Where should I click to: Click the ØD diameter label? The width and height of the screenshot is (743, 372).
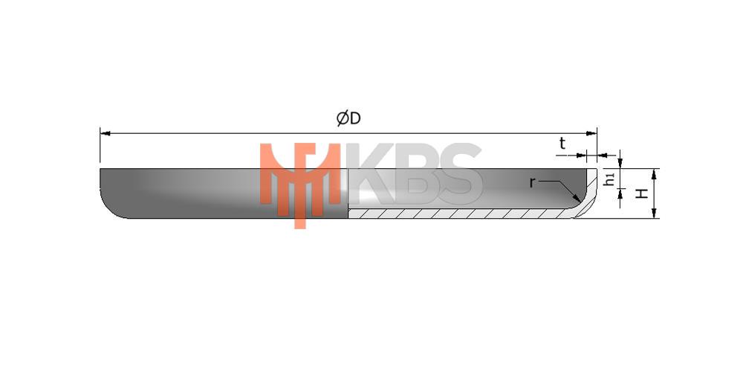pos(348,118)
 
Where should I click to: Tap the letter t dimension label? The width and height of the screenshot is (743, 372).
pos(562,144)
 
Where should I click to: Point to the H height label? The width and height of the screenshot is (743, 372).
pos(642,193)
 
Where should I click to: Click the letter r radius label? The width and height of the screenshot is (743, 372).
pos(532,183)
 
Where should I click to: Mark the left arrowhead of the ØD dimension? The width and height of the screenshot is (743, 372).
pos(106,133)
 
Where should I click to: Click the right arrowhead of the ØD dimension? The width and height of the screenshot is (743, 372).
pos(591,133)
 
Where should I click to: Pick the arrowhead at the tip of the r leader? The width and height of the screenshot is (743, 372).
pos(577,198)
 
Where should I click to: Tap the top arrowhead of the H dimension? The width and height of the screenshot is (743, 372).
pos(654,173)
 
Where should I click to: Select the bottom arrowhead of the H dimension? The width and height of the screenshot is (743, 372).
pos(654,213)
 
